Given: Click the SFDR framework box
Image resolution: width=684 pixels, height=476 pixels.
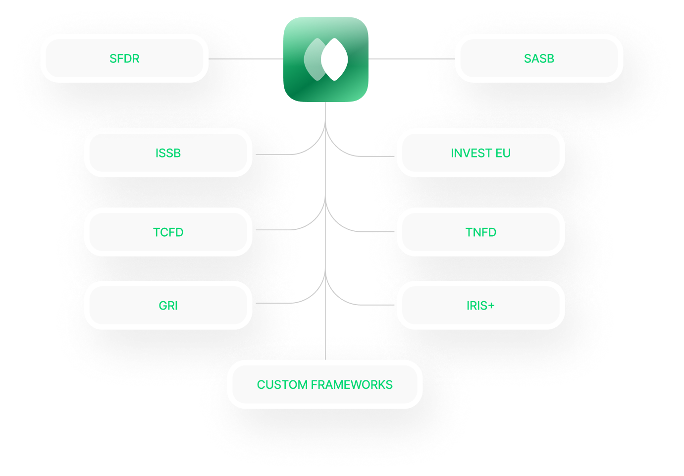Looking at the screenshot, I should click(124, 58).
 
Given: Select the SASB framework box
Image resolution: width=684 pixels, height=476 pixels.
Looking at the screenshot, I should click(539, 58).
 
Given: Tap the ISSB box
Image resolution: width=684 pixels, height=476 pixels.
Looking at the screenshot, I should click(168, 153).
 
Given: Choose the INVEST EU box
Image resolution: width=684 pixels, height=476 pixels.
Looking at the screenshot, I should click(480, 153).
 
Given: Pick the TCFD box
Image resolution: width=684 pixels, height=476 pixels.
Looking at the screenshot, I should click(168, 232).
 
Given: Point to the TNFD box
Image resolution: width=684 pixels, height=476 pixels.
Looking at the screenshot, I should click(480, 232).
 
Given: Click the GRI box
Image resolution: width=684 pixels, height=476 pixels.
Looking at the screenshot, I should click(168, 306).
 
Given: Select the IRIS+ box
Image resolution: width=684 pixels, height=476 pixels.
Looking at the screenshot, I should click(480, 306).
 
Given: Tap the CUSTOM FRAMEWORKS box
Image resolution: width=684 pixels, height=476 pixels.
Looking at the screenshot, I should click(324, 385).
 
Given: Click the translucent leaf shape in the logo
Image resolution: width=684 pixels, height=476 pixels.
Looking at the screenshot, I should click(312, 59).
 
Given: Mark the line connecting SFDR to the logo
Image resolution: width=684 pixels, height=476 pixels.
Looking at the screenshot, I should click(245, 59).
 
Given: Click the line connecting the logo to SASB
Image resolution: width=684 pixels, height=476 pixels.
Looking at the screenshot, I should click(411, 59).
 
